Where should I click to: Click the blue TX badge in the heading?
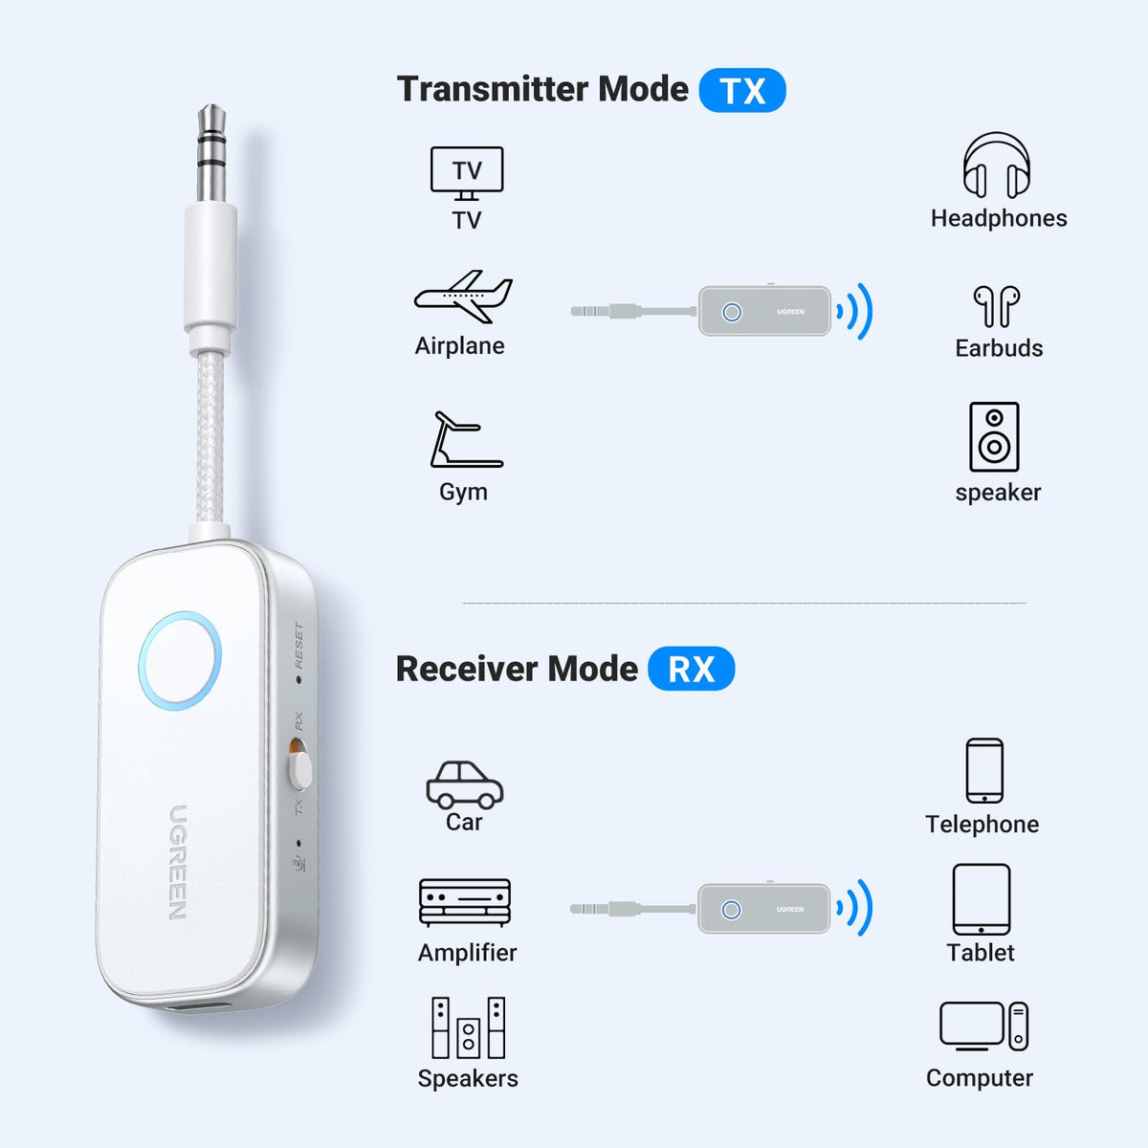point(741,90)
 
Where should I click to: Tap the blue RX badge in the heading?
point(691,669)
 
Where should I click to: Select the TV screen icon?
point(467,173)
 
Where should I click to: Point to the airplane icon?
point(463,297)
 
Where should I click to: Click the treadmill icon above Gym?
point(466,440)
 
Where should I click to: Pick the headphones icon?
point(997,165)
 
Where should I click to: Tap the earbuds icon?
point(997,306)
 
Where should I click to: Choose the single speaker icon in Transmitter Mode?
point(994,437)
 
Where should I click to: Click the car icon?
point(465,784)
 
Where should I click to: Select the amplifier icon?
point(465,902)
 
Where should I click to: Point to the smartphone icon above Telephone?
point(984,770)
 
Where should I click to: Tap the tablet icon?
point(982,899)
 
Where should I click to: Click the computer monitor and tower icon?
point(983,1027)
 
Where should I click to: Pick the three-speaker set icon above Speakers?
point(468,1027)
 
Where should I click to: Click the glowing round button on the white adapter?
point(180,661)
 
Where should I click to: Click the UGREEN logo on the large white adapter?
point(178,863)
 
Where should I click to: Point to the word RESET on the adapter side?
point(299,645)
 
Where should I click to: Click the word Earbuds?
point(999,348)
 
